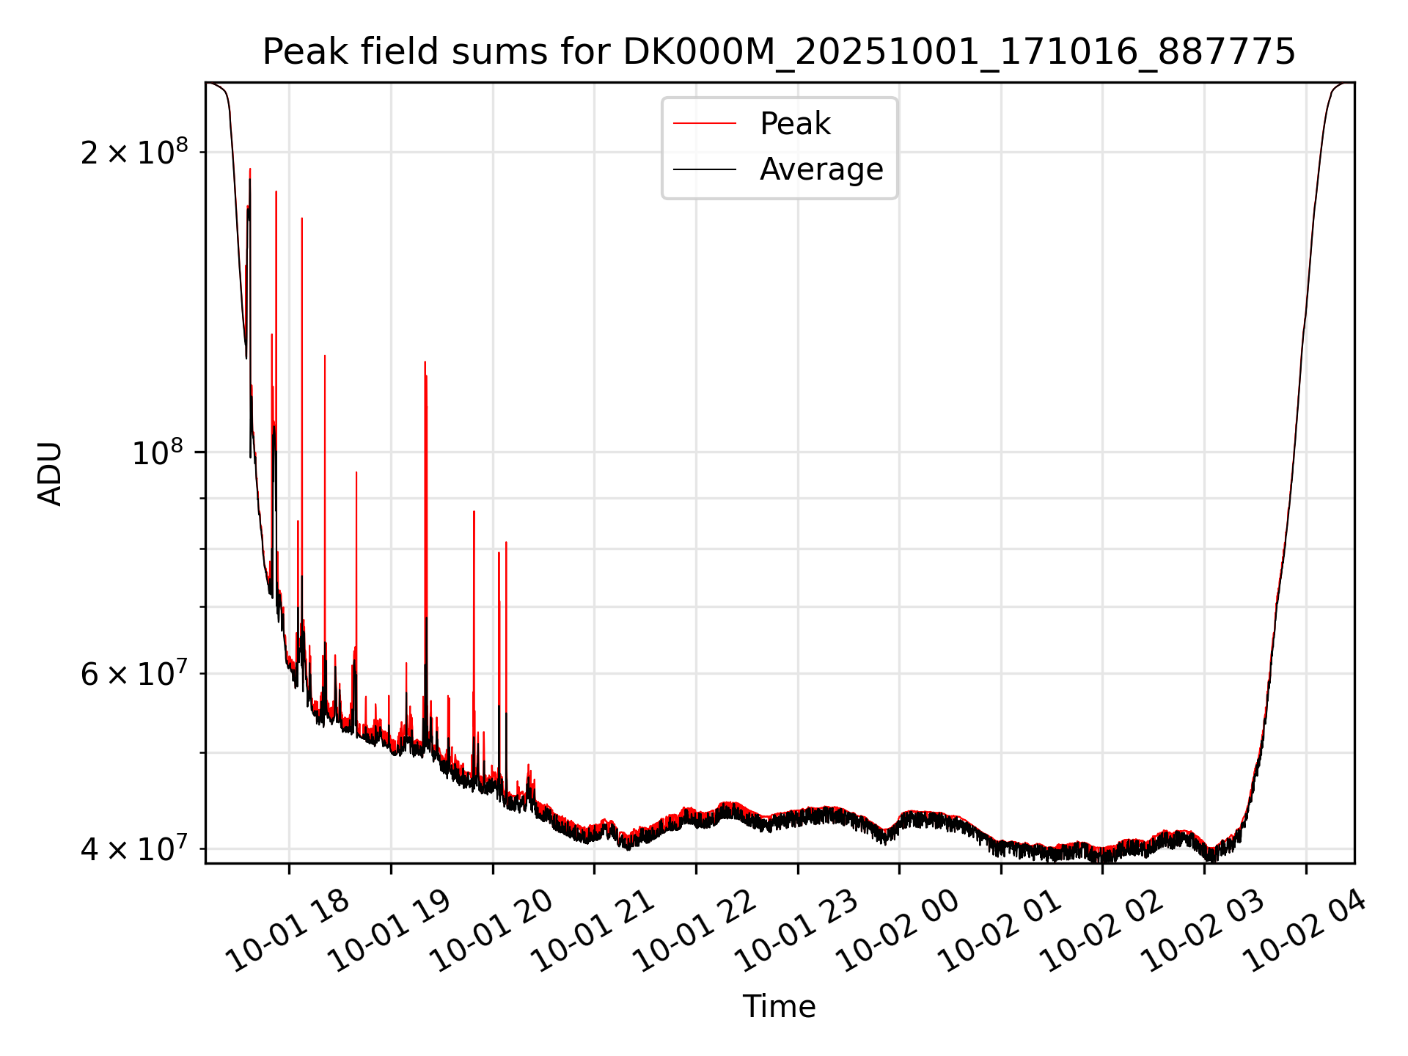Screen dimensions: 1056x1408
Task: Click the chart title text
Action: pyautogui.click(x=779, y=52)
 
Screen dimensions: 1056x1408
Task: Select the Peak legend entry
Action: pyautogui.click(x=795, y=124)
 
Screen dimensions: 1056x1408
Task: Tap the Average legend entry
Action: pyautogui.click(x=821, y=169)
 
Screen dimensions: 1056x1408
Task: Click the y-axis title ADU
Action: pyautogui.click(x=50, y=474)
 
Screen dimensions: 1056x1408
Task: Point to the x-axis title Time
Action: pyautogui.click(x=779, y=1007)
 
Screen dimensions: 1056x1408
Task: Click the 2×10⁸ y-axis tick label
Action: pyautogui.click(x=133, y=153)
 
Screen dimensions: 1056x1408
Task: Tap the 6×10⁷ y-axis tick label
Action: pyautogui.click(x=133, y=673)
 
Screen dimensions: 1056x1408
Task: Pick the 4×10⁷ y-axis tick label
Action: pyautogui.click(x=133, y=848)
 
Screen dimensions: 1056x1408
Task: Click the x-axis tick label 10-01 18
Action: pyautogui.click(x=287, y=931)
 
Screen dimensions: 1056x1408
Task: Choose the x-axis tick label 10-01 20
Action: pyautogui.click(x=491, y=931)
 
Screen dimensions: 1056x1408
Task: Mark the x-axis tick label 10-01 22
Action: pyautogui.click(x=694, y=931)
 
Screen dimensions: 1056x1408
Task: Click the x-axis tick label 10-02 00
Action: pyautogui.click(x=898, y=931)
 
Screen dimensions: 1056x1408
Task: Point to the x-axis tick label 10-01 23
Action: pyautogui.click(x=796, y=931)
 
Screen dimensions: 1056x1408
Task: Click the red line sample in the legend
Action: pyautogui.click(x=704, y=124)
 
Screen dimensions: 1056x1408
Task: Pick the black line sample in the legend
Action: pyautogui.click(x=704, y=169)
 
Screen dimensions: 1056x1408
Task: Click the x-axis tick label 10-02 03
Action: pyautogui.click(x=1203, y=931)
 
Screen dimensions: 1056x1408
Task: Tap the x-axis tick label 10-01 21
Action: pyautogui.click(x=593, y=931)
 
